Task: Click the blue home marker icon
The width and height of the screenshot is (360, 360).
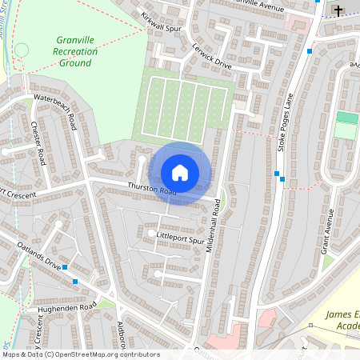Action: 180,173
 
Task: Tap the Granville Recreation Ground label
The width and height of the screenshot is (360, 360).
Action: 77,51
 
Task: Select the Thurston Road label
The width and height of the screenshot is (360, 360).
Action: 151,190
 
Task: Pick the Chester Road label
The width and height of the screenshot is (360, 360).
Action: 38,143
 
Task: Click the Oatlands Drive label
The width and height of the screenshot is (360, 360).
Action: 41,255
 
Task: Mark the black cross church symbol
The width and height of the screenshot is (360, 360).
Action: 338,11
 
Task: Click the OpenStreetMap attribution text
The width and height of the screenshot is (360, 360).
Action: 80,354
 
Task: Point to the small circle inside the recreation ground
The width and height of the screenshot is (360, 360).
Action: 22,50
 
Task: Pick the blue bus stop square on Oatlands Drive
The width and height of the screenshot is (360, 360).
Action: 75,281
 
